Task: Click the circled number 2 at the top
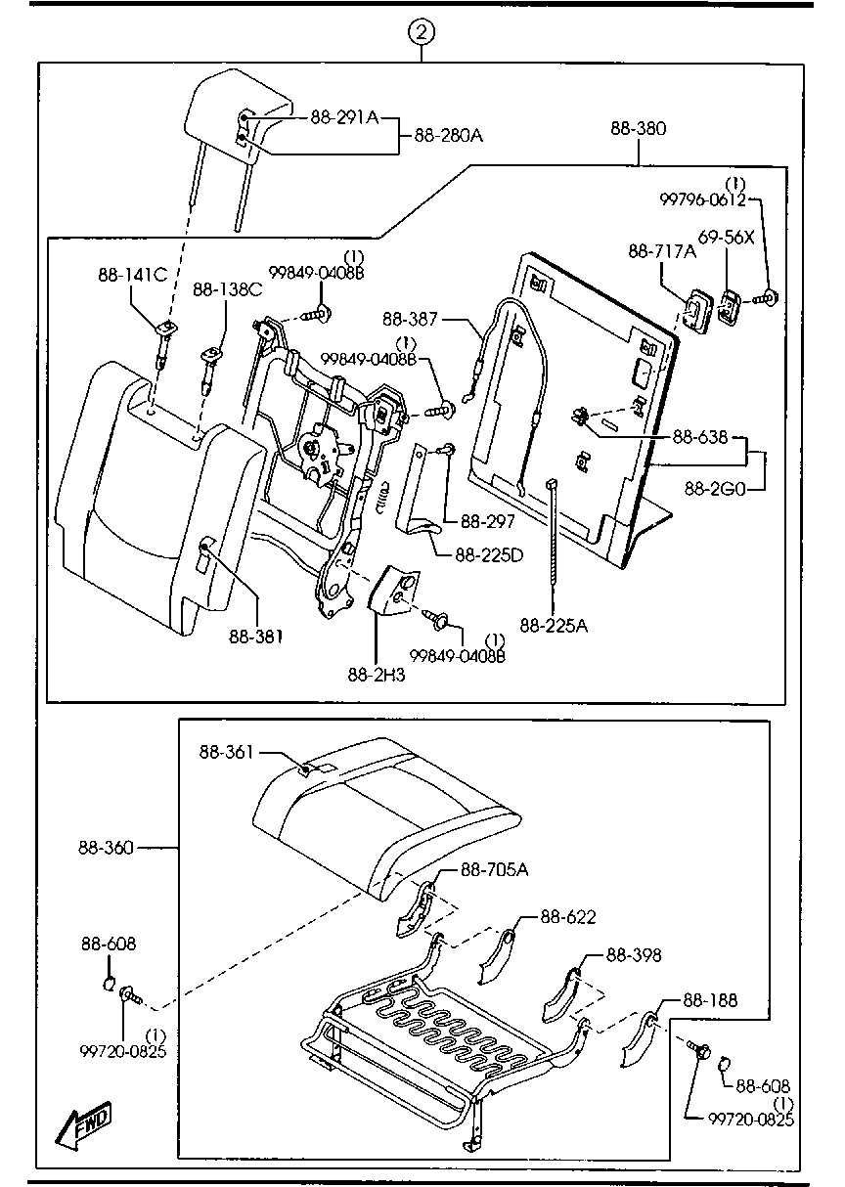(422, 32)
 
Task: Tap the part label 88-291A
(344, 116)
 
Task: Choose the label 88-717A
(662, 252)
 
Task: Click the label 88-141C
(130, 275)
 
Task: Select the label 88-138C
(227, 289)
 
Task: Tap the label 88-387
(410, 319)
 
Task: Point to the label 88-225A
(554, 625)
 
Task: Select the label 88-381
(256, 636)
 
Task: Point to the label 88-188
(710, 1000)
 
